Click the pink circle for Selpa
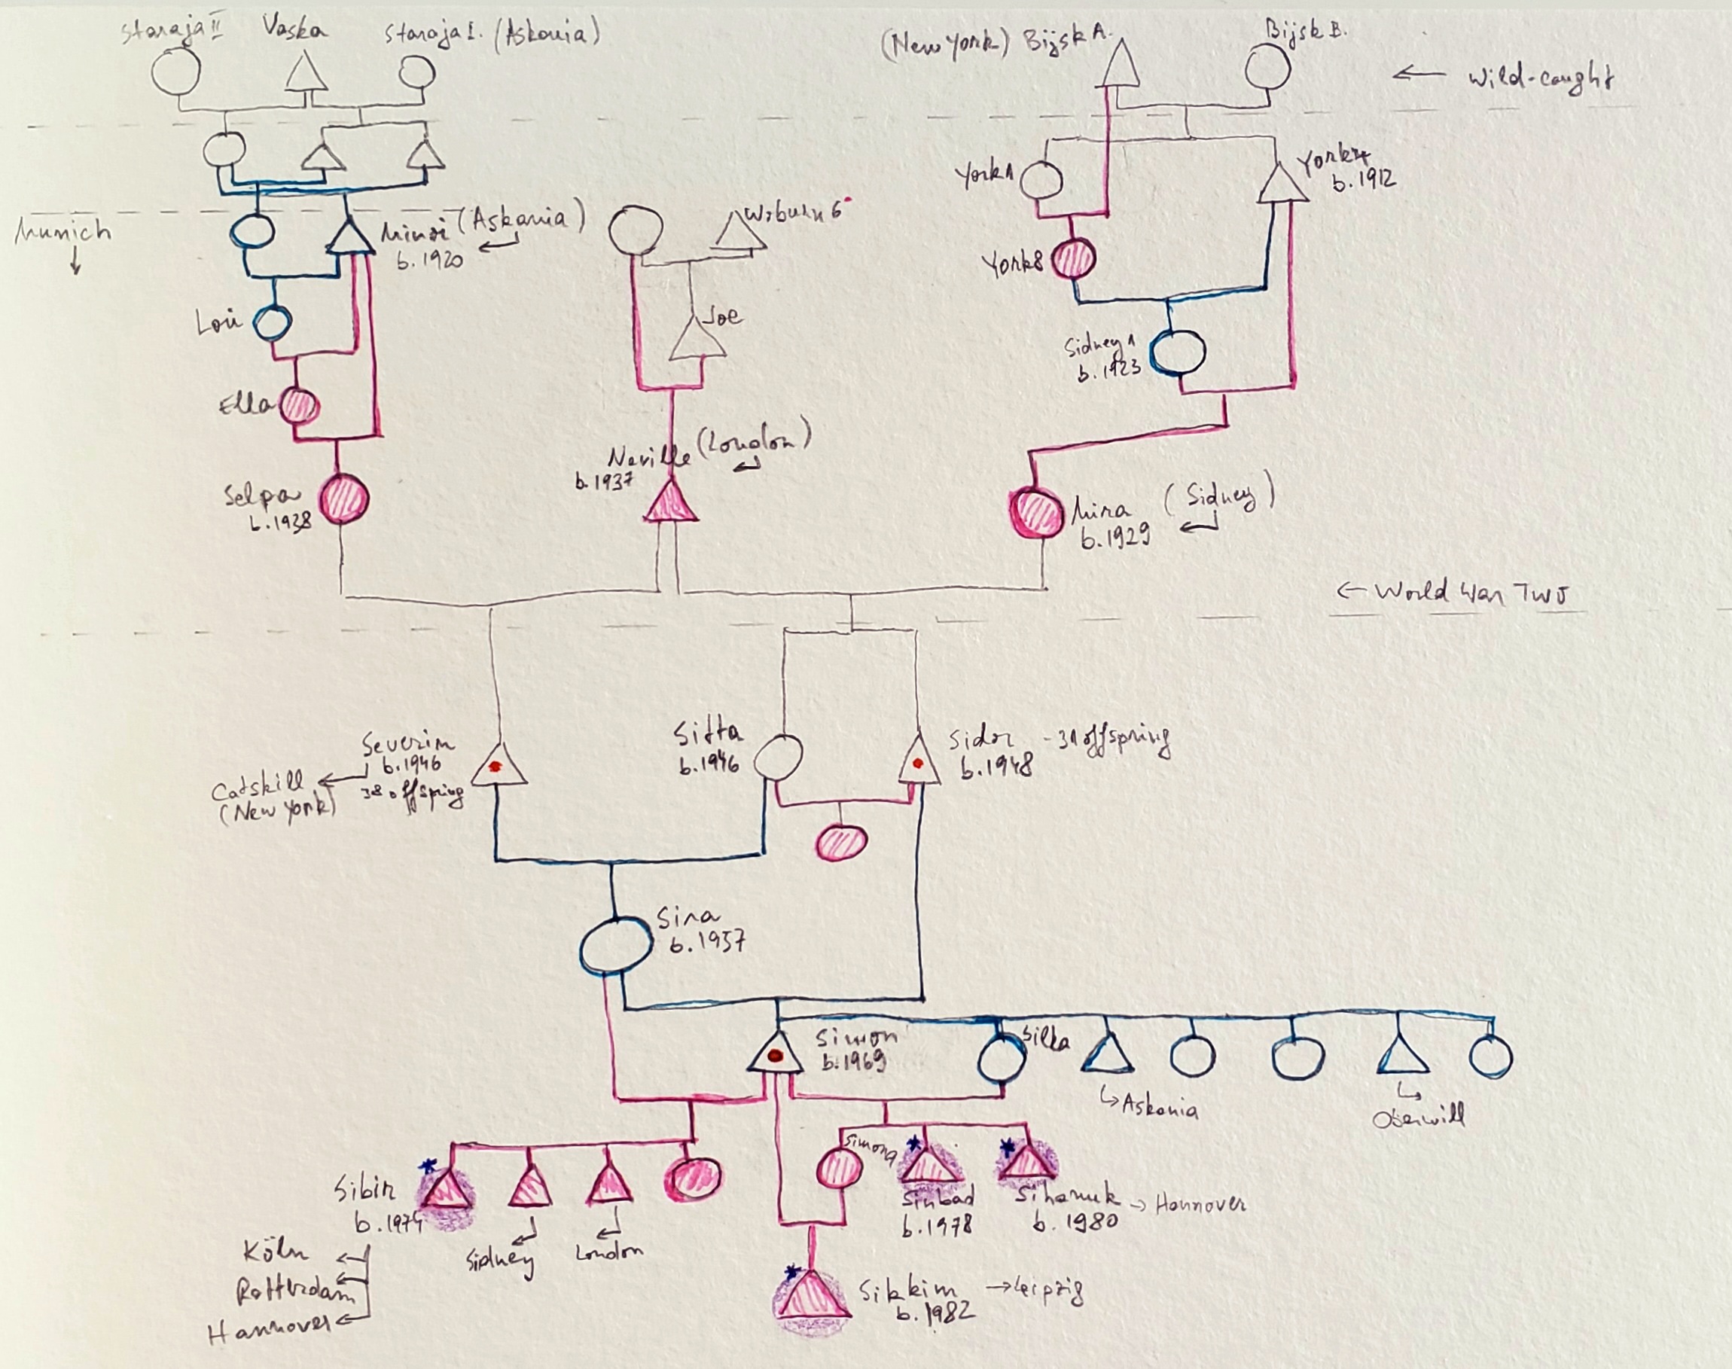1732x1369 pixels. (344, 499)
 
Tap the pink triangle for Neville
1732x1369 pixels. (671, 502)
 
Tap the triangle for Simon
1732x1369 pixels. (775, 1053)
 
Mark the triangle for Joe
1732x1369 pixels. (697, 340)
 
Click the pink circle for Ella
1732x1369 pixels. (299, 406)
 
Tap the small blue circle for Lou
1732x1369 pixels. (272, 322)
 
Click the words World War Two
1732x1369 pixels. (1471, 593)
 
